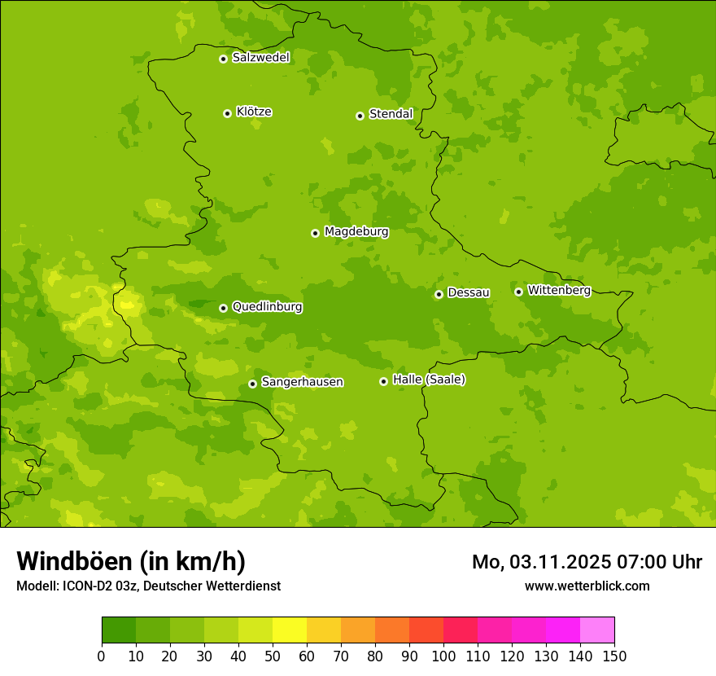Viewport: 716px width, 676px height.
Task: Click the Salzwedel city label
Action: click(x=260, y=58)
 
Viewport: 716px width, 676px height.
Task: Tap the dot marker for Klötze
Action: click(x=227, y=113)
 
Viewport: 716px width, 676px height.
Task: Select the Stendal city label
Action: click(x=391, y=114)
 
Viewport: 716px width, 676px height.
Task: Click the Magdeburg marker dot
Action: click(x=315, y=233)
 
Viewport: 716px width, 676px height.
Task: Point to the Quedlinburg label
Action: click(x=267, y=307)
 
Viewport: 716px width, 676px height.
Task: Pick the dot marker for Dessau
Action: click(x=439, y=294)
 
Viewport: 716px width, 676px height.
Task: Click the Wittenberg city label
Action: click(x=558, y=290)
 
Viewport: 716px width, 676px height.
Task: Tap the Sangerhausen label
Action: click(x=302, y=382)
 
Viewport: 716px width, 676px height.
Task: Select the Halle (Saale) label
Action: click(x=429, y=380)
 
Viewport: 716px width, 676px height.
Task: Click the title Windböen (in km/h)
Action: click(x=131, y=561)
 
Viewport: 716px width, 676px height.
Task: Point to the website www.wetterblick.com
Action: click(x=587, y=586)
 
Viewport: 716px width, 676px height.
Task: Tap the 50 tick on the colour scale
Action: click(x=273, y=656)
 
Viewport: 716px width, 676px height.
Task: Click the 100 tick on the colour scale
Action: click(x=443, y=656)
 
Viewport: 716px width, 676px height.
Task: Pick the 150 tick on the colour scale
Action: click(x=614, y=656)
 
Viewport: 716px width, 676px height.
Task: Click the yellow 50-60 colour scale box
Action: click(x=290, y=630)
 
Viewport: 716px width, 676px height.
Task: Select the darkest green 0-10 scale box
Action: click(x=119, y=630)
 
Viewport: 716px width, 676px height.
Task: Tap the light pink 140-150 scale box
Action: click(x=597, y=630)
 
